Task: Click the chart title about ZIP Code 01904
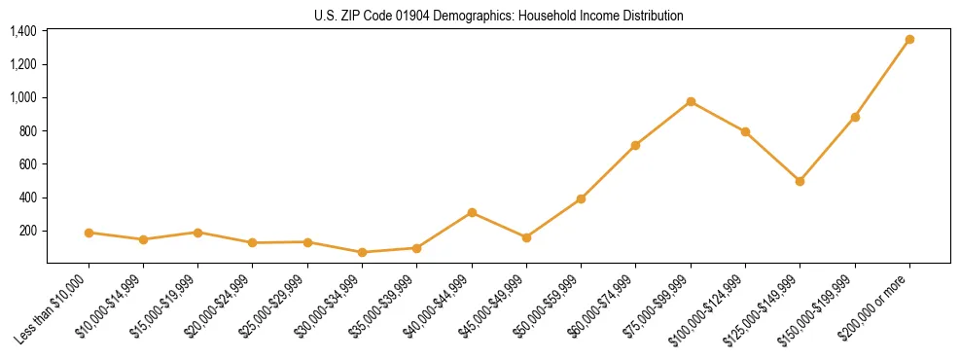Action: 499,16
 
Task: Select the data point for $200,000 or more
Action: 909,40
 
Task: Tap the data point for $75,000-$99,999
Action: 691,101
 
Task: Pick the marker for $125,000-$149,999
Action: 800,181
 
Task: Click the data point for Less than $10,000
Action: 89,233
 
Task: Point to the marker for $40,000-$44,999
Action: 472,212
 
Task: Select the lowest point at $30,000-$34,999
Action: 362,252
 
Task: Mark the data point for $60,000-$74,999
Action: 635,145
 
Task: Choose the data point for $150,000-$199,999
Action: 855,117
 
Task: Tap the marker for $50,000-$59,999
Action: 581,198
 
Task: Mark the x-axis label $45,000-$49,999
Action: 491,309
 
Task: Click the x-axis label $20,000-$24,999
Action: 217,309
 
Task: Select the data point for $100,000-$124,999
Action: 745,131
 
